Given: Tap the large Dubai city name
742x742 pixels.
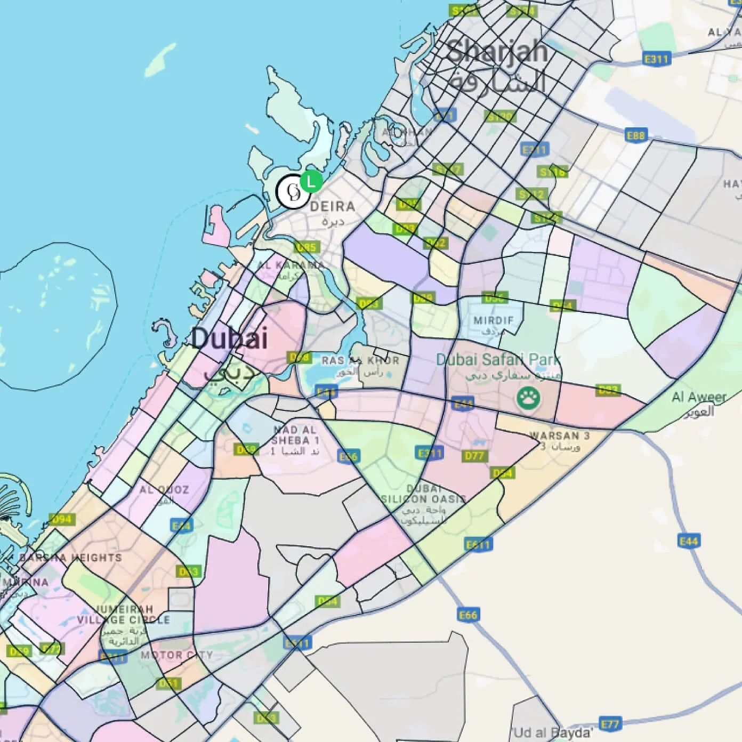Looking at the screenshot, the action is (229, 338).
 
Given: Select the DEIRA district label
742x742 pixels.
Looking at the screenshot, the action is (332, 206).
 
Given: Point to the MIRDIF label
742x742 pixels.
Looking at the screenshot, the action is (494, 320).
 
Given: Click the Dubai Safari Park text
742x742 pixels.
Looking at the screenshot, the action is (498, 360).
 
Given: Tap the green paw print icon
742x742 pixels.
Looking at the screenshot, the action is (528, 397).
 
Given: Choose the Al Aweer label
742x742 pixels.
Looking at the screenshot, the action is (699, 397).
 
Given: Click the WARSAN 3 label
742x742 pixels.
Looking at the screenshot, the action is (560, 435).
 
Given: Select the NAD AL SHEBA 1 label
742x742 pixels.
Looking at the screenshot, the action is (295, 435).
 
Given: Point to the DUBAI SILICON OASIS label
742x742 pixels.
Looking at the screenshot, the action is (424, 494).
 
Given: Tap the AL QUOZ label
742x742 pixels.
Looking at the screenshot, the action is (164, 489).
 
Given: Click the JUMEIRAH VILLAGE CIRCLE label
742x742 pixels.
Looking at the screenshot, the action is (123, 614).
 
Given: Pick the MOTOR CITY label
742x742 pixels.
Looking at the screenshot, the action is (176, 655).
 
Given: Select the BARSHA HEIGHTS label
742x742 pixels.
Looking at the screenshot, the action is (70, 558).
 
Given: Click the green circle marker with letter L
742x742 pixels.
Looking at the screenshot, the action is (311, 181).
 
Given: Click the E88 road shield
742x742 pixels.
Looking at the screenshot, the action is (635, 135).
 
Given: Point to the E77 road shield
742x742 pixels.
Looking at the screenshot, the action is (610, 724).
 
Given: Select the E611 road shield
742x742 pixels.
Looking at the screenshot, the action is (478, 544).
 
